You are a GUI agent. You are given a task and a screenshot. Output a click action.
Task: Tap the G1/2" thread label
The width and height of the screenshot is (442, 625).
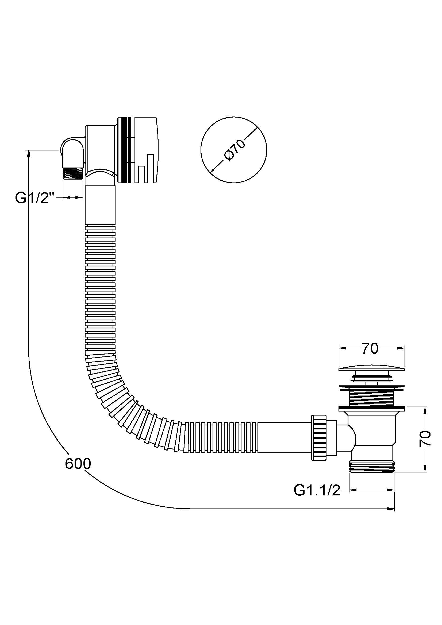pos(35,198)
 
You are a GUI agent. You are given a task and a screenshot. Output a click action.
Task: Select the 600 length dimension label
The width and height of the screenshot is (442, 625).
pos(78,463)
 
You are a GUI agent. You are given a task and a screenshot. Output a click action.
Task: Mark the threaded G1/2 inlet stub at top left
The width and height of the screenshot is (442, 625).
pos(73,173)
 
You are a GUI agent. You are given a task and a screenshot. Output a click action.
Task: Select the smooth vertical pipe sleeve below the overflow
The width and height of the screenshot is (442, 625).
pos(100,205)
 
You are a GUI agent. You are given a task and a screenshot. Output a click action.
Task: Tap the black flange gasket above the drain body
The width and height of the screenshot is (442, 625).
pos(371,416)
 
